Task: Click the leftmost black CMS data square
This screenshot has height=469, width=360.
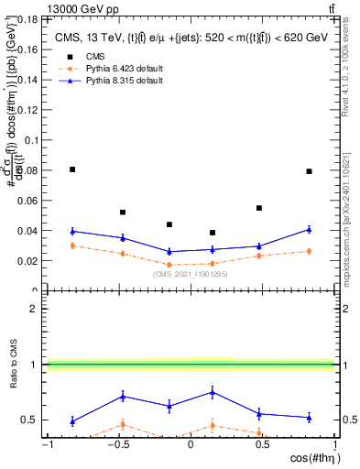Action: click(x=72, y=169)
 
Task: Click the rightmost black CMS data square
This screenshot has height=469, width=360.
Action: click(x=309, y=171)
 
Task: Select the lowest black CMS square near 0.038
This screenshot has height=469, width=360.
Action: click(x=213, y=233)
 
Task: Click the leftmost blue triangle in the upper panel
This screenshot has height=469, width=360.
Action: click(x=72, y=231)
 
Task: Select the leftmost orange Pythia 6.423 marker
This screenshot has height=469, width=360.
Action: click(x=72, y=245)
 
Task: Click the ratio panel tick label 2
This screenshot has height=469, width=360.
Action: click(x=34, y=309)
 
